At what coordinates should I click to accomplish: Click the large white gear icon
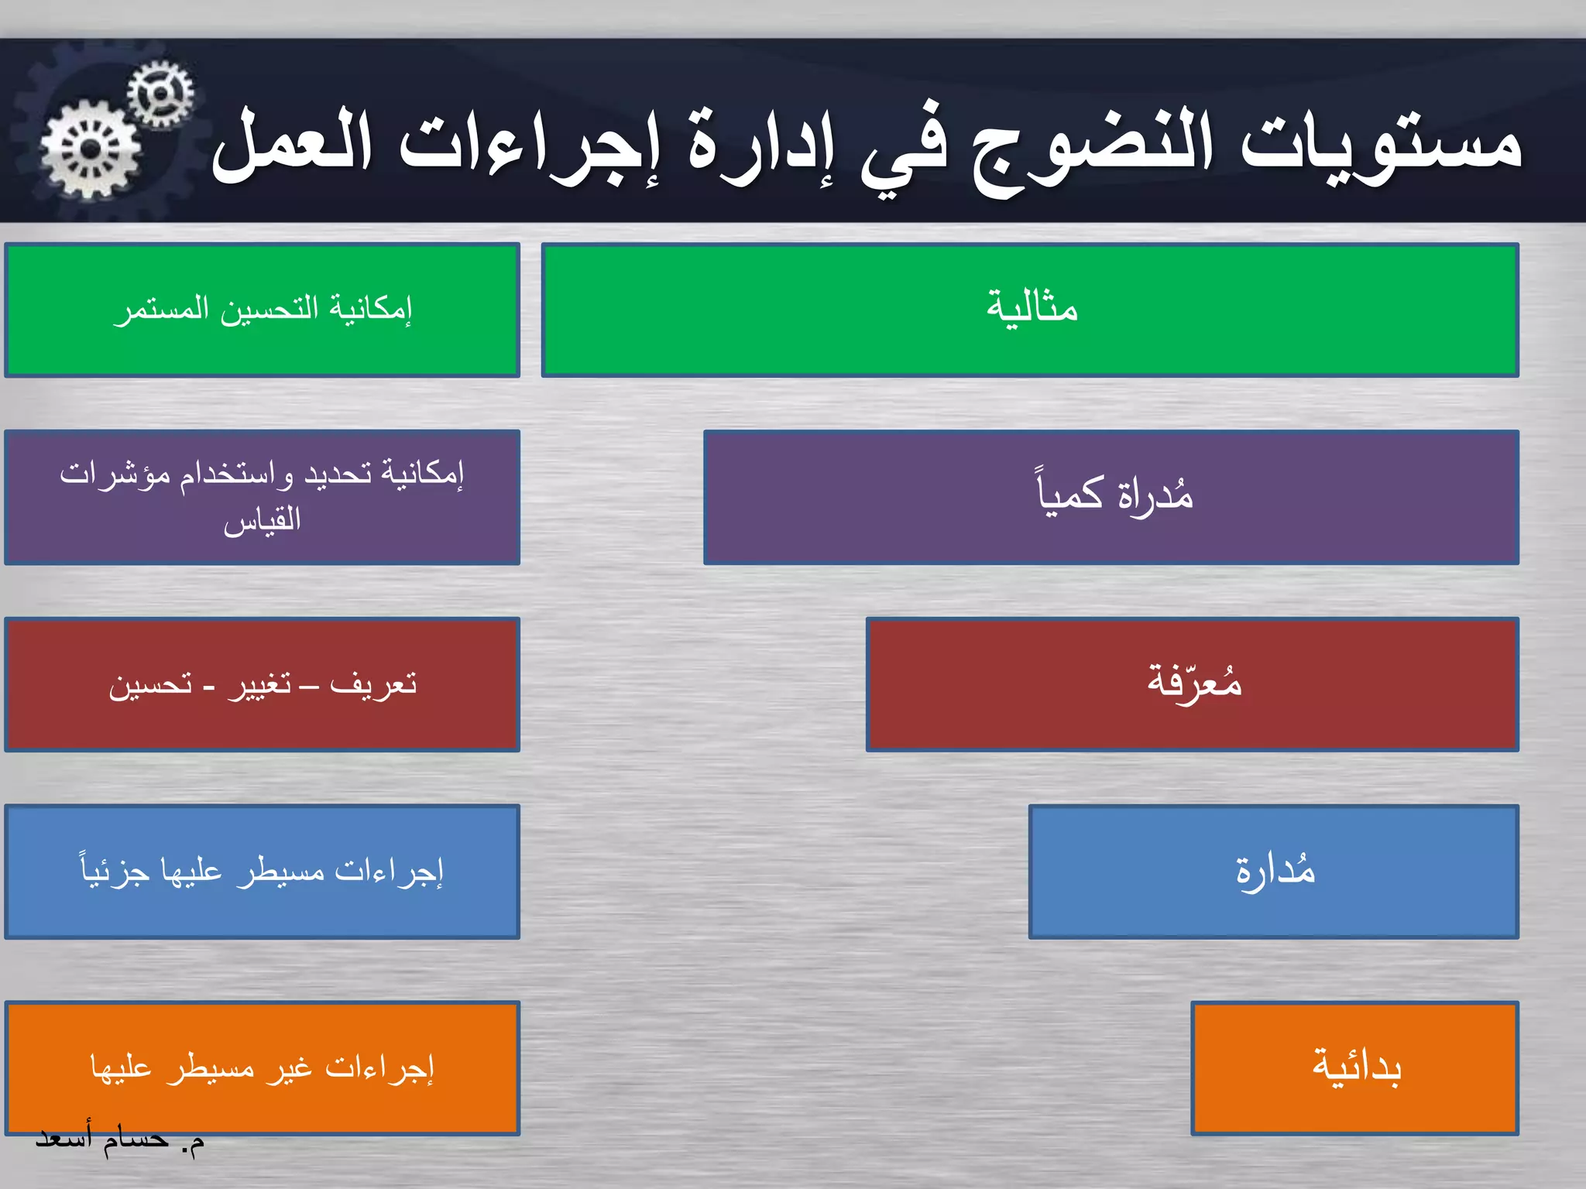point(91,149)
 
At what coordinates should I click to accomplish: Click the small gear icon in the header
point(160,94)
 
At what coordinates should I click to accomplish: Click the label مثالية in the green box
point(1032,308)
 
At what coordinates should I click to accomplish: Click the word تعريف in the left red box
point(373,684)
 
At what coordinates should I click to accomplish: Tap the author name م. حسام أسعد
point(120,1139)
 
